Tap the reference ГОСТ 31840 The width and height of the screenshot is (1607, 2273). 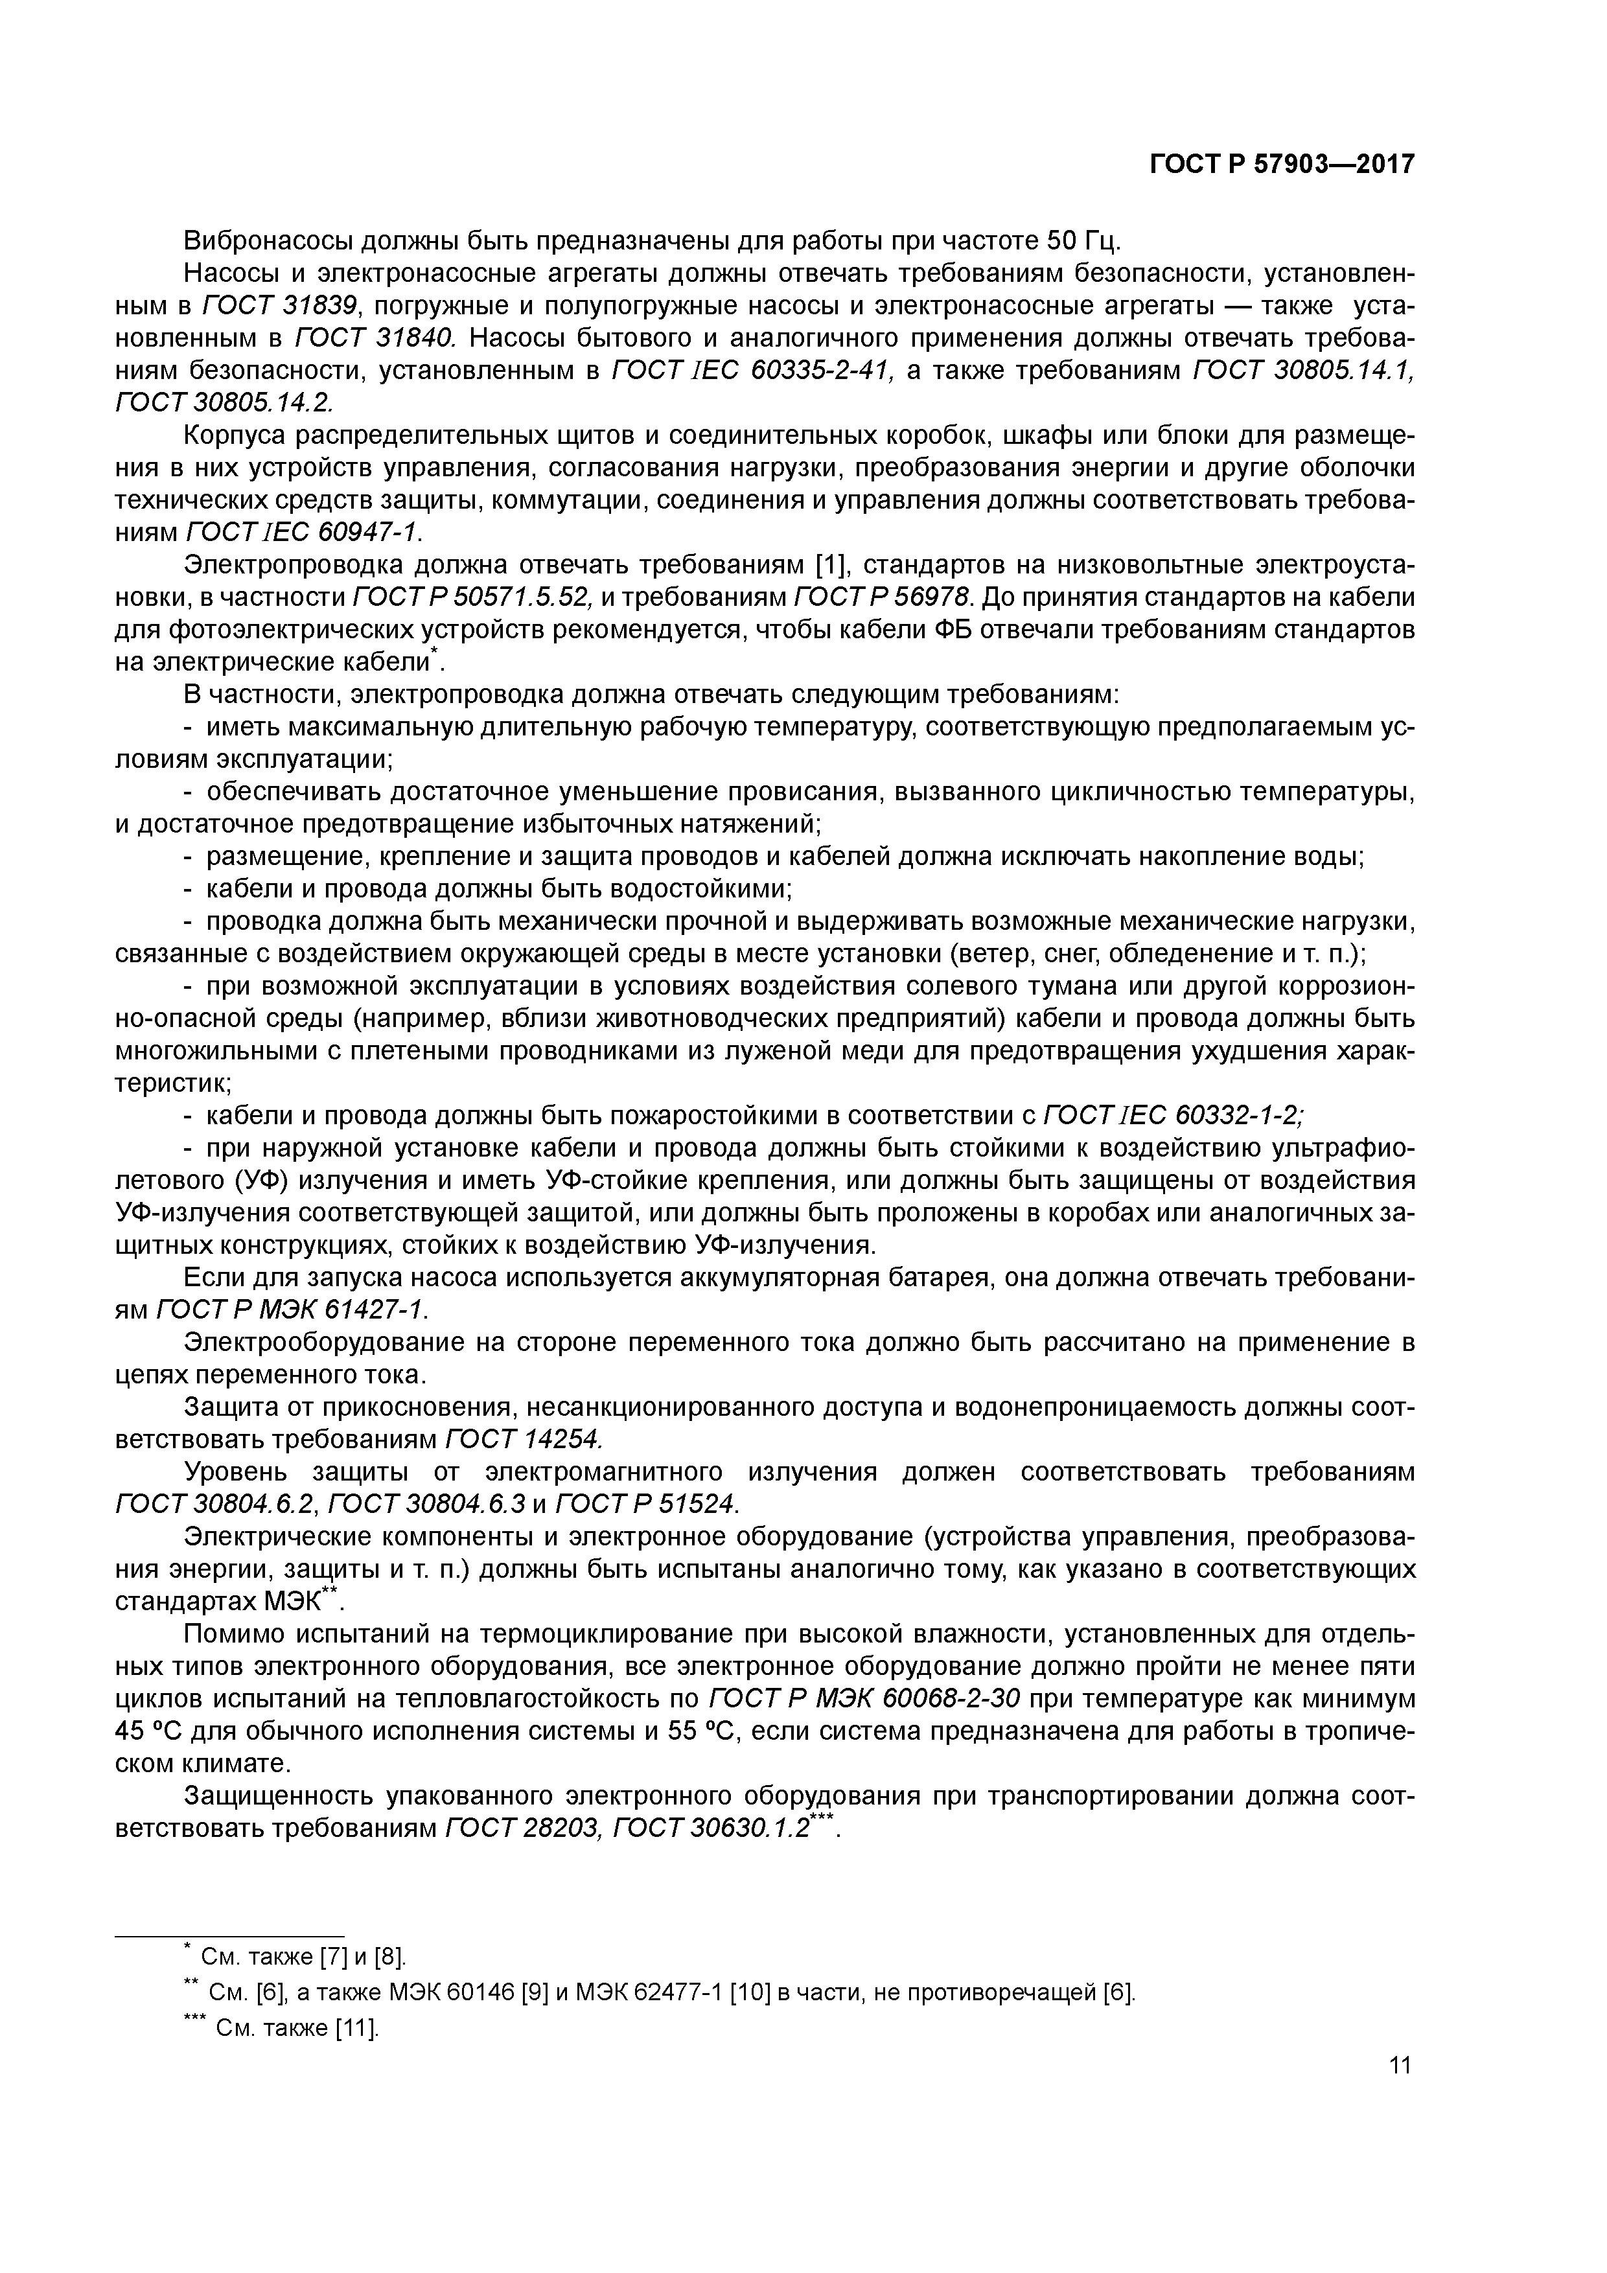[375, 339]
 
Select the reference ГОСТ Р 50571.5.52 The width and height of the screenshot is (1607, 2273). [472, 598]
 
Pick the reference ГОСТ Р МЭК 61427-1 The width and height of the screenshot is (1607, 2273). [292, 1310]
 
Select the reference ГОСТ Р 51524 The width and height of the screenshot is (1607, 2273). [647, 1504]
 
